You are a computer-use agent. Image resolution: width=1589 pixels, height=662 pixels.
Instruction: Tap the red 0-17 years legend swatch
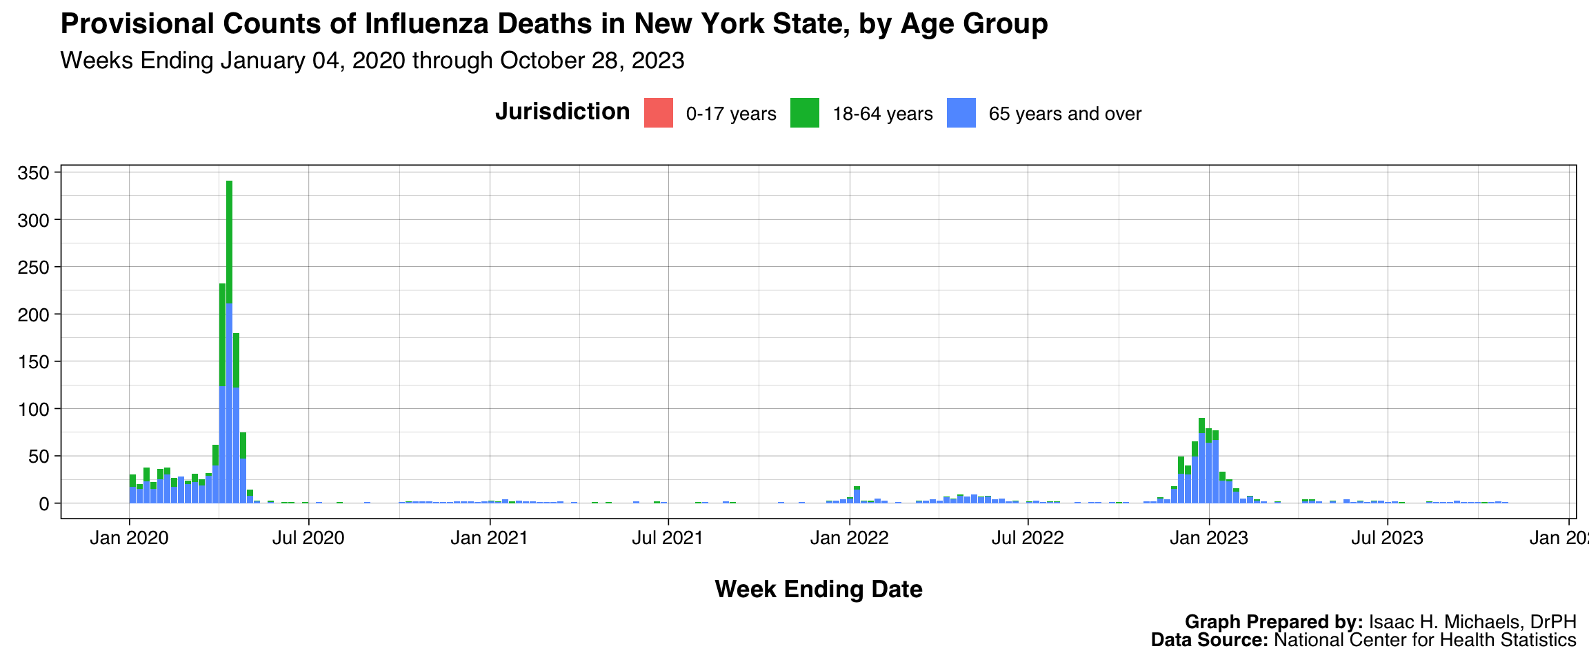click(659, 113)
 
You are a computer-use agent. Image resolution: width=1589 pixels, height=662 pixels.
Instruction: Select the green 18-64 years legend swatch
click(805, 113)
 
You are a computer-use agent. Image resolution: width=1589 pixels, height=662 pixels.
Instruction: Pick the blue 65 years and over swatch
click(961, 113)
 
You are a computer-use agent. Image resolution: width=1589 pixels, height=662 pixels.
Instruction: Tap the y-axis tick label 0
click(45, 503)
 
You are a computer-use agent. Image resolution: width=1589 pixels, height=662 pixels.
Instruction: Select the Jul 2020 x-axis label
click(308, 538)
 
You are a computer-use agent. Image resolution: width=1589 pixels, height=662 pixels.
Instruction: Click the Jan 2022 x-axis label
click(850, 538)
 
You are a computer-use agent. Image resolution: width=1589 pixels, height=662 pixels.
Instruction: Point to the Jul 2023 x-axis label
click(1387, 538)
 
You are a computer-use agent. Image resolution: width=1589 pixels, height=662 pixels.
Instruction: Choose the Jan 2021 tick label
click(489, 538)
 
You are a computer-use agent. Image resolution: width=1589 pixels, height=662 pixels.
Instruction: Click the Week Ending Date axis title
click(819, 590)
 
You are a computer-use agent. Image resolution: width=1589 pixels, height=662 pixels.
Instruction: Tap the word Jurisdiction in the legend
click(562, 112)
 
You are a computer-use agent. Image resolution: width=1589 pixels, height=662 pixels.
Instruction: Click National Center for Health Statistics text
click(1425, 640)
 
